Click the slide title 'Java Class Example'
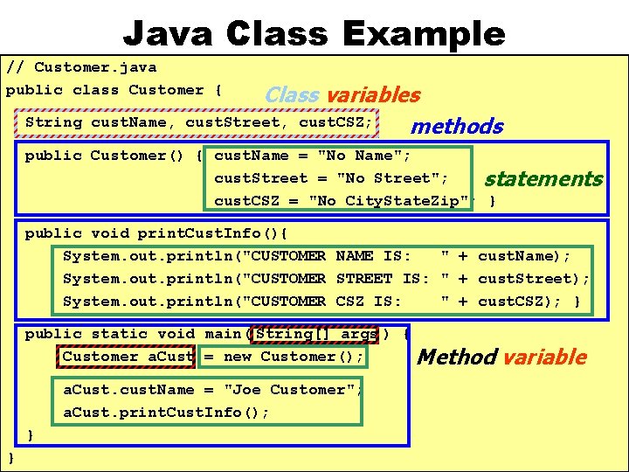(x=314, y=33)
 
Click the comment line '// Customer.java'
(x=81, y=66)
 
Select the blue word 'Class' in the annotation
(x=292, y=94)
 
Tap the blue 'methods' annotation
(x=457, y=127)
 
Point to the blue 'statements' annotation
(x=543, y=179)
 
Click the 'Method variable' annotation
(x=501, y=357)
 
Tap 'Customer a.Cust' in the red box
(x=128, y=357)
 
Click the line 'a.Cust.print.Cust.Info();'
(x=166, y=413)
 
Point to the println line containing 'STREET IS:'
(x=326, y=279)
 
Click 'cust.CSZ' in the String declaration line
(x=335, y=122)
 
